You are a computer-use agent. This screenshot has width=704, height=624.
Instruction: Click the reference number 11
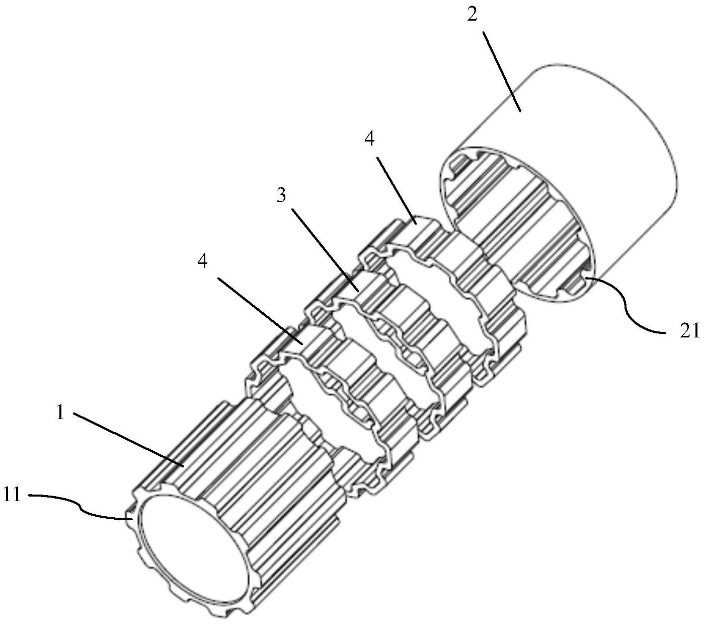(12, 495)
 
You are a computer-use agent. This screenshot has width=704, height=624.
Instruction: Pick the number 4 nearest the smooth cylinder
(370, 140)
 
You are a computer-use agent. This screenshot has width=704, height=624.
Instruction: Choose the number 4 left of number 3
(203, 261)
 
